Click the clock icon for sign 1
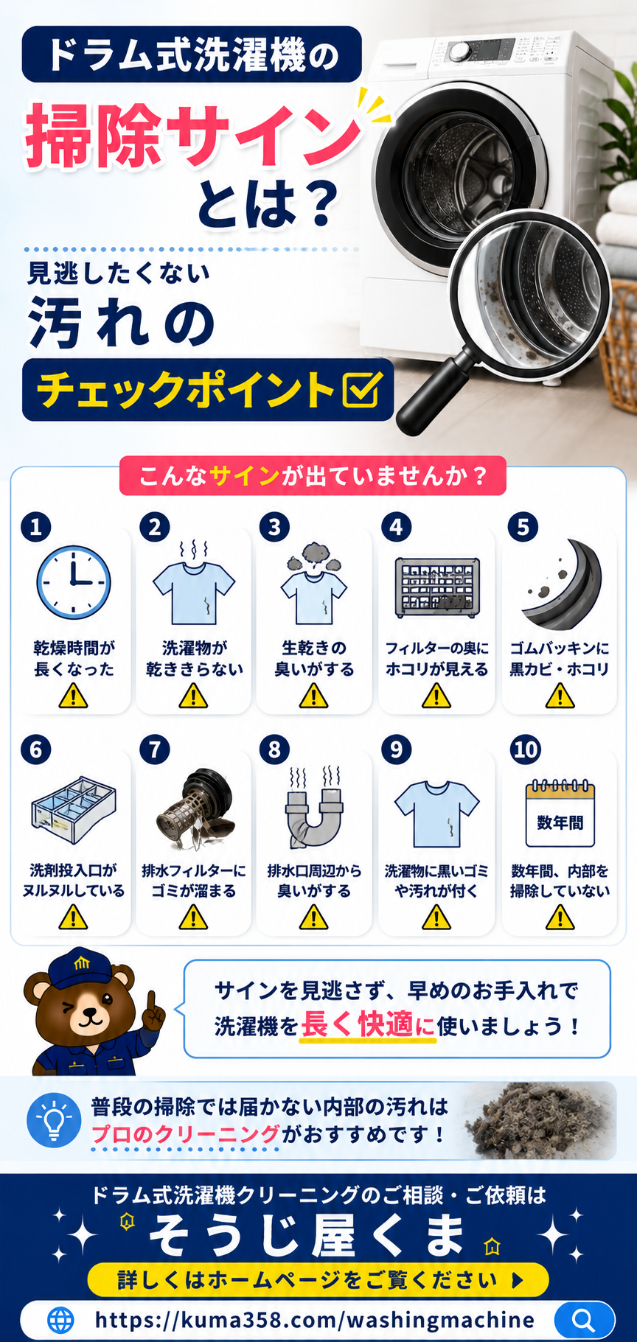74,582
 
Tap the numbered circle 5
523,527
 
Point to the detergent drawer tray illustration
74,809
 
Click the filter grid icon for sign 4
437,587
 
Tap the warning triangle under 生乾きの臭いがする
314,695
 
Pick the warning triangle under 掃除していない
560,918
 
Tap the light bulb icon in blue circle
54,1120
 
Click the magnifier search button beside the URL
584,1320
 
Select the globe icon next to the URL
61,1320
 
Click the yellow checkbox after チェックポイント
362,390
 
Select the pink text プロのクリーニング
186,1133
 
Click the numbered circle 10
526,749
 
